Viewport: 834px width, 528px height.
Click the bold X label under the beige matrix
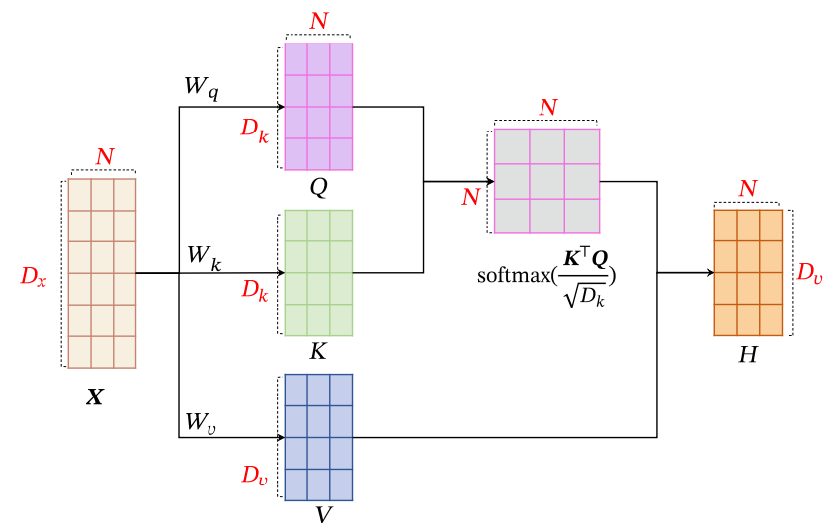coord(95,397)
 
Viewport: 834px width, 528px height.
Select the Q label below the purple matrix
coord(318,185)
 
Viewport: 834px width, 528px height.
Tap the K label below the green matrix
coord(318,351)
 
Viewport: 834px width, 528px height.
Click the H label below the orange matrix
coord(748,354)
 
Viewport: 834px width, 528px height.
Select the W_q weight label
coord(202,88)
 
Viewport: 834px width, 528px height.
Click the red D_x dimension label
coord(34,277)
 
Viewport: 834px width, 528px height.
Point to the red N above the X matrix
coord(104,156)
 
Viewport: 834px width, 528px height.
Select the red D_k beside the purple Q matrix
coord(256,129)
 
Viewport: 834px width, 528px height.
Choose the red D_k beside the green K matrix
coord(256,291)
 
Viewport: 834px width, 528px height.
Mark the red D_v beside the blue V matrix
coord(255,475)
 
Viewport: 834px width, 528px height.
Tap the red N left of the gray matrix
coord(471,197)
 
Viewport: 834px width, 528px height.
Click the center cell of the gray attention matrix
coord(546,180)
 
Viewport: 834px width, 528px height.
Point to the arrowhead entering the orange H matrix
coord(709,272)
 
